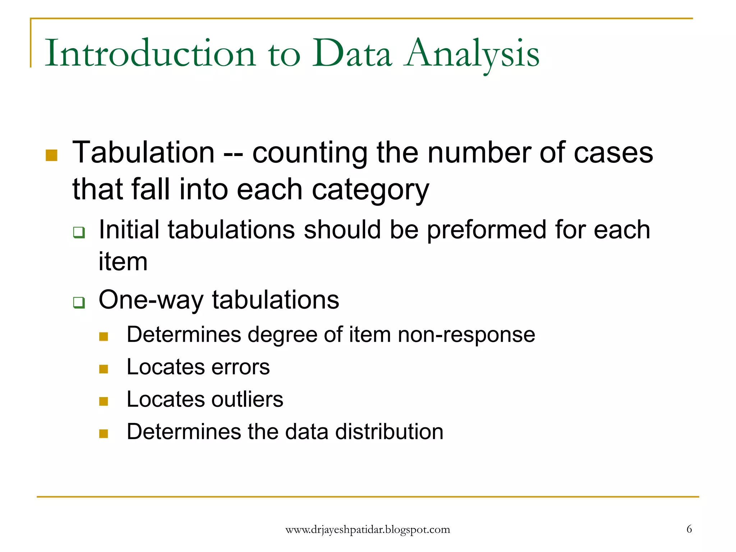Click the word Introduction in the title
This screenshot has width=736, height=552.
(x=150, y=54)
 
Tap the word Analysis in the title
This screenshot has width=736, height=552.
(x=471, y=54)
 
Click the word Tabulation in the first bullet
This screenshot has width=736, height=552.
(x=143, y=152)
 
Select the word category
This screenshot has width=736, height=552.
(x=370, y=190)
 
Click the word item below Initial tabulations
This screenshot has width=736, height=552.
(x=123, y=262)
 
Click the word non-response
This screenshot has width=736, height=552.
(x=466, y=335)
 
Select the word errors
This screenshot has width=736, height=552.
(x=240, y=367)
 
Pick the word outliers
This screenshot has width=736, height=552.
(x=247, y=400)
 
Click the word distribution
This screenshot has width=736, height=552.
(x=389, y=432)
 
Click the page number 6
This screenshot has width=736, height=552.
(x=689, y=529)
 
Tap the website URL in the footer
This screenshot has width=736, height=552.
(x=368, y=530)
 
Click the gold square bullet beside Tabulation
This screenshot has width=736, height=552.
(x=52, y=155)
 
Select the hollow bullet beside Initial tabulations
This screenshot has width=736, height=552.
(x=79, y=232)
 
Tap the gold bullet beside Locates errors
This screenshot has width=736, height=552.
(x=103, y=369)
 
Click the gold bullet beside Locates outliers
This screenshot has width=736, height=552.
(x=103, y=401)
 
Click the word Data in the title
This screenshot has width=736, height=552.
(x=352, y=54)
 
